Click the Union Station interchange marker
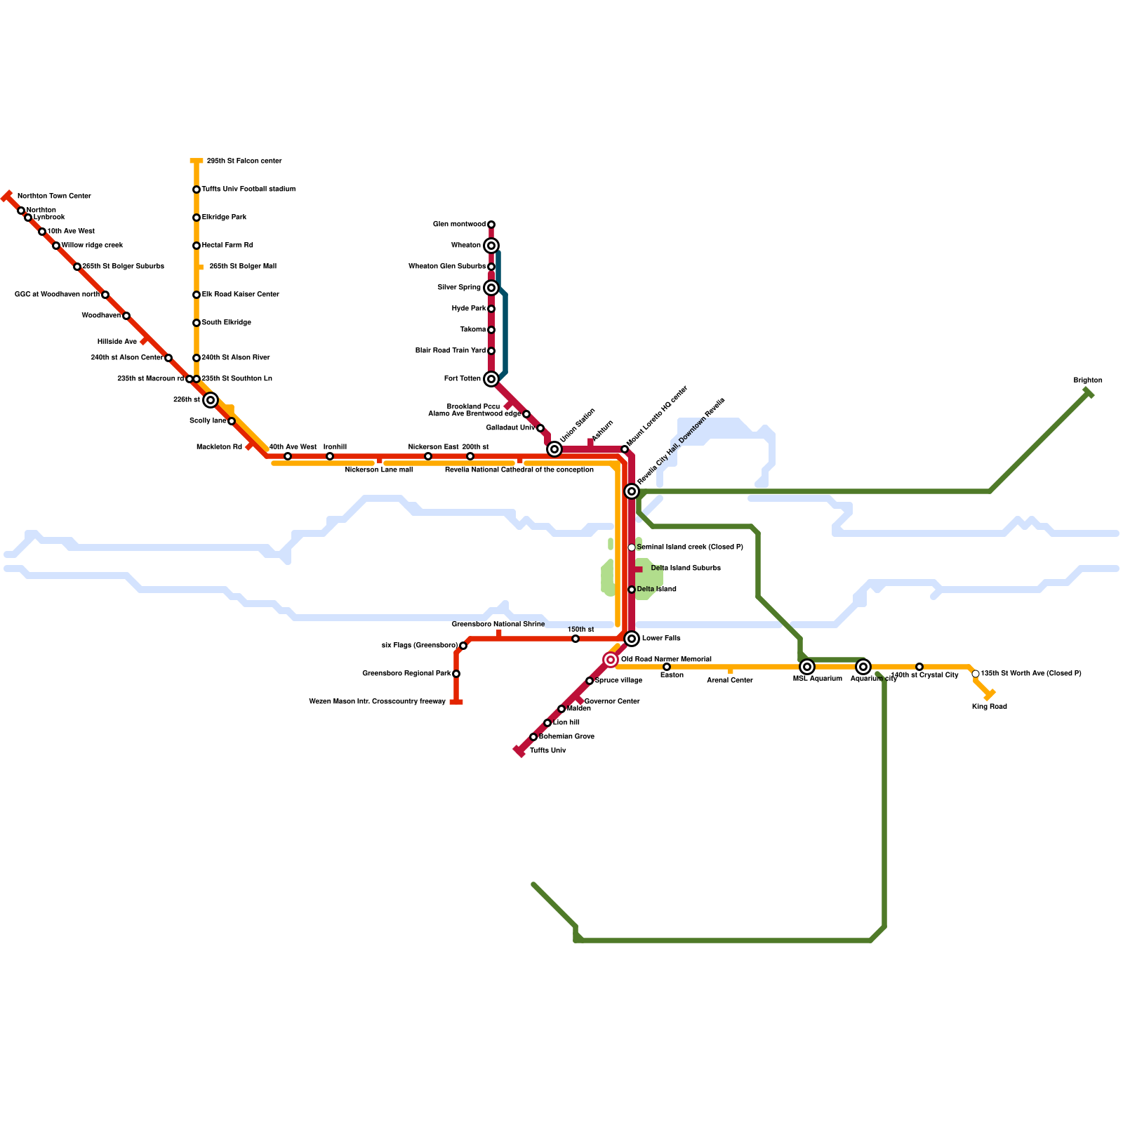tap(554, 449)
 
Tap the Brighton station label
tap(1087, 380)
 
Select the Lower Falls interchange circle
tap(632, 639)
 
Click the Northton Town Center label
tap(54, 197)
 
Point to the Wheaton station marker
tap(491, 246)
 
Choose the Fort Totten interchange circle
tap(491, 379)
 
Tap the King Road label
tap(989, 707)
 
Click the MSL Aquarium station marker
tap(807, 667)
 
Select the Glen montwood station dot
tap(491, 225)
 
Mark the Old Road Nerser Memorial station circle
tap(611, 660)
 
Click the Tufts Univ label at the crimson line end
tap(547, 751)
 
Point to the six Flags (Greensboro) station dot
tap(463, 646)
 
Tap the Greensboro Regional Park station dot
tap(456, 674)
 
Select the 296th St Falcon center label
tap(244, 161)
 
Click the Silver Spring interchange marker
tap(491, 288)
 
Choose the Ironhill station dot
tap(330, 456)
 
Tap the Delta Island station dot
tap(632, 590)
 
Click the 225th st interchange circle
tap(211, 400)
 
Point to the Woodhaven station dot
tap(126, 316)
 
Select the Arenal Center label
tap(729, 680)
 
